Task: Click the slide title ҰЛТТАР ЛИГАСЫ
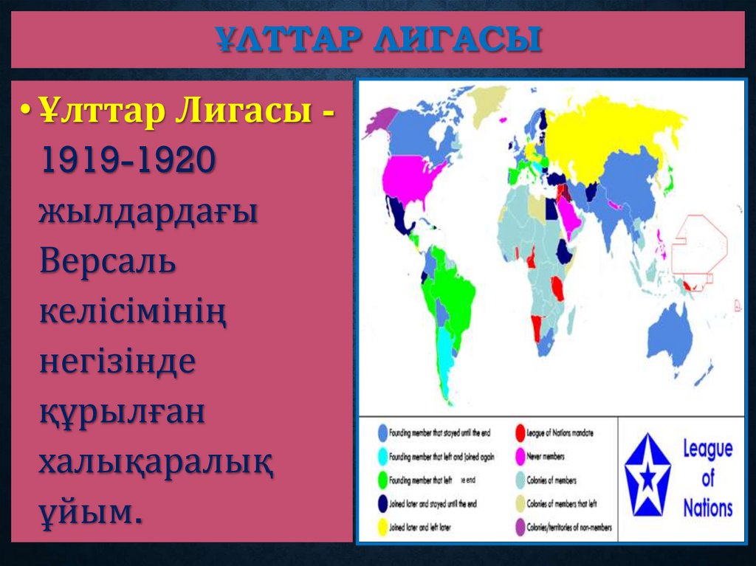click(x=378, y=40)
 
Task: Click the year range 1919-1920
click(x=127, y=161)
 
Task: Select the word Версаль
click(x=108, y=260)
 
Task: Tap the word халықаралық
click(x=157, y=463)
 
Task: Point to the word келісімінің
click(x=133, y=311)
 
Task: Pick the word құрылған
click(x=122, y=412)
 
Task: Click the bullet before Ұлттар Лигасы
click(x=26, y=111)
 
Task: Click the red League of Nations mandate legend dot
click(x=520, y=433)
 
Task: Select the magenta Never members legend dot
click(x=520, y=457)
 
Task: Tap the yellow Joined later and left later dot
click(x=382, y=528)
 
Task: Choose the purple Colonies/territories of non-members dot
click(x=520, y=528)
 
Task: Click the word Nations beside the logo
click(x=707, y=508)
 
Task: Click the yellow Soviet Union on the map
click(x=613, y=140)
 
